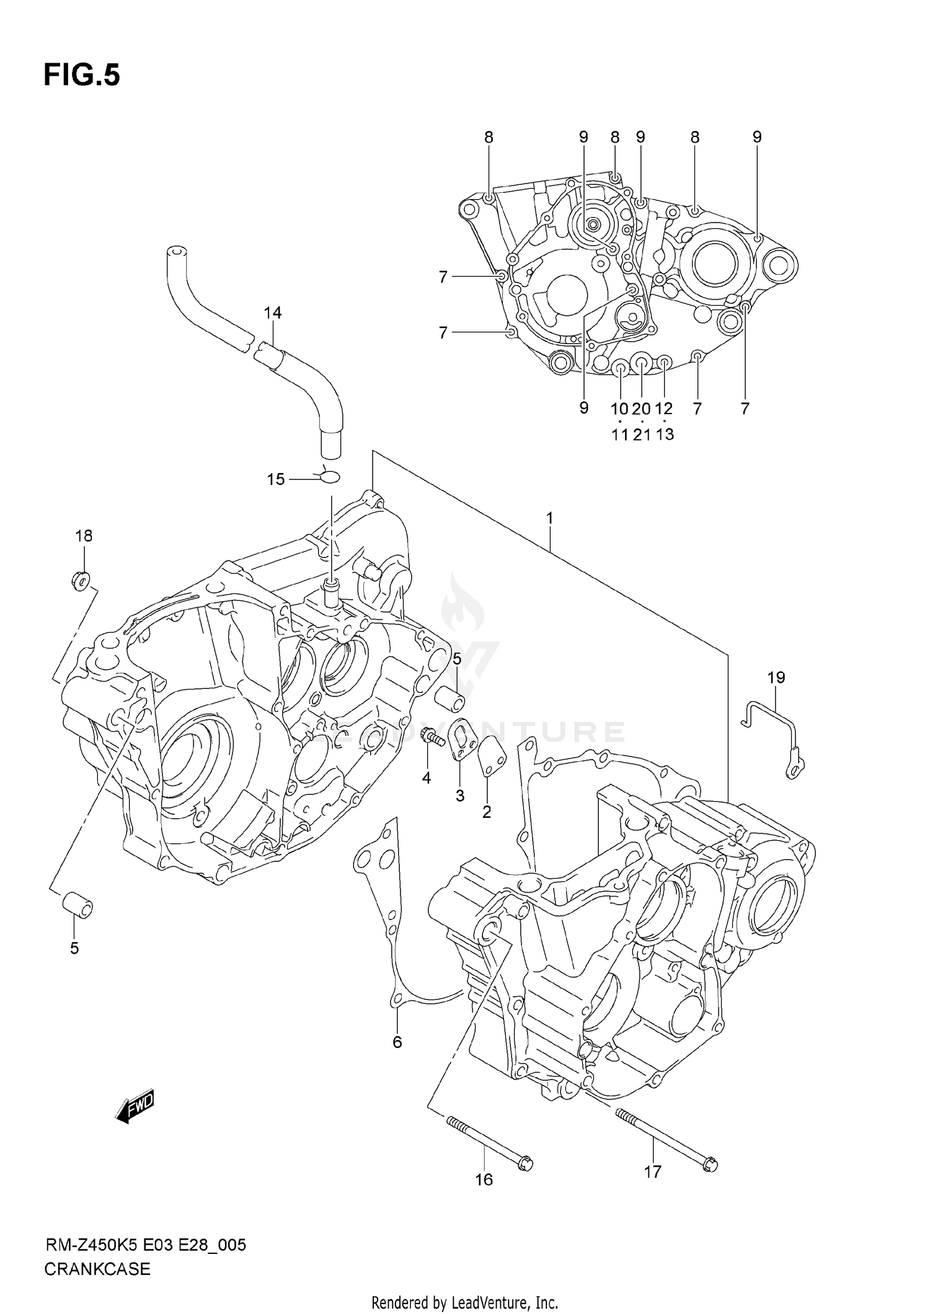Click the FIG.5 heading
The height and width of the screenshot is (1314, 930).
(x=81, y=76)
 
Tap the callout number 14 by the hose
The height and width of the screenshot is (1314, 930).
(x=272, y=313)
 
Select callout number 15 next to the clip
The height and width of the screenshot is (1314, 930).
(x=276, y=479)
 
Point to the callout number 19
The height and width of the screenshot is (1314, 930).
(x=776, y=678)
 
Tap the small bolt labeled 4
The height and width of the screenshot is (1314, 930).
(x=431, y=738)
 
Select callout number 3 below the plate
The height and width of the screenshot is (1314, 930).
(x=459, y=796)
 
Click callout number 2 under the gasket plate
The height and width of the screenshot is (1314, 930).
(x=487, y=812)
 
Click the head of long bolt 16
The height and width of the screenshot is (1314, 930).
(x=525, y=1164)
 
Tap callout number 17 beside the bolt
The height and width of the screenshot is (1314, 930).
(x=652, y=1171)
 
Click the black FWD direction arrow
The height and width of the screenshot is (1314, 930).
(x=135, y=1106)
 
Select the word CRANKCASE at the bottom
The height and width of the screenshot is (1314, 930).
(x=97, y=1269)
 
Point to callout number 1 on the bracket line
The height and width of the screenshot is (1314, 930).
(x=549, y=518)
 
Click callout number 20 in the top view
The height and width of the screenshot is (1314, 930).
(x=641, y=409)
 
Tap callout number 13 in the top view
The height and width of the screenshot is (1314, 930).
(x=664, y=434)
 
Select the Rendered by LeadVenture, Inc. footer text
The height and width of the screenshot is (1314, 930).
(x=464, y=1303)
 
